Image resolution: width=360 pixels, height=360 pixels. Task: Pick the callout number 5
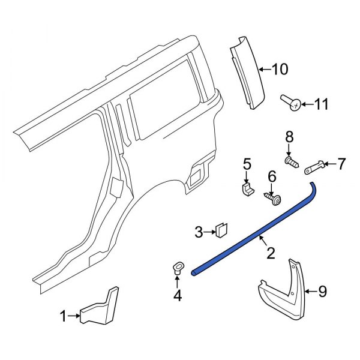coord(246,163)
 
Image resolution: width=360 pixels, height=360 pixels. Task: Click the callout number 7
coord(341,163)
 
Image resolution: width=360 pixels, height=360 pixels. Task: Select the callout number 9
coord(322,292)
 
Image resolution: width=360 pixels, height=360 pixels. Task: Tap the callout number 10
coord(280,70)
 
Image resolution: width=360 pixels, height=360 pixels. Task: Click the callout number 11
coord(322,105)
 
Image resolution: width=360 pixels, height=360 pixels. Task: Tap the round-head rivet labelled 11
coord(292,105)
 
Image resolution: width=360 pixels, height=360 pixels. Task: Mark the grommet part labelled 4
coord(178,268)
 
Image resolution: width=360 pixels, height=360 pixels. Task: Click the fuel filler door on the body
coord(196,175)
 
